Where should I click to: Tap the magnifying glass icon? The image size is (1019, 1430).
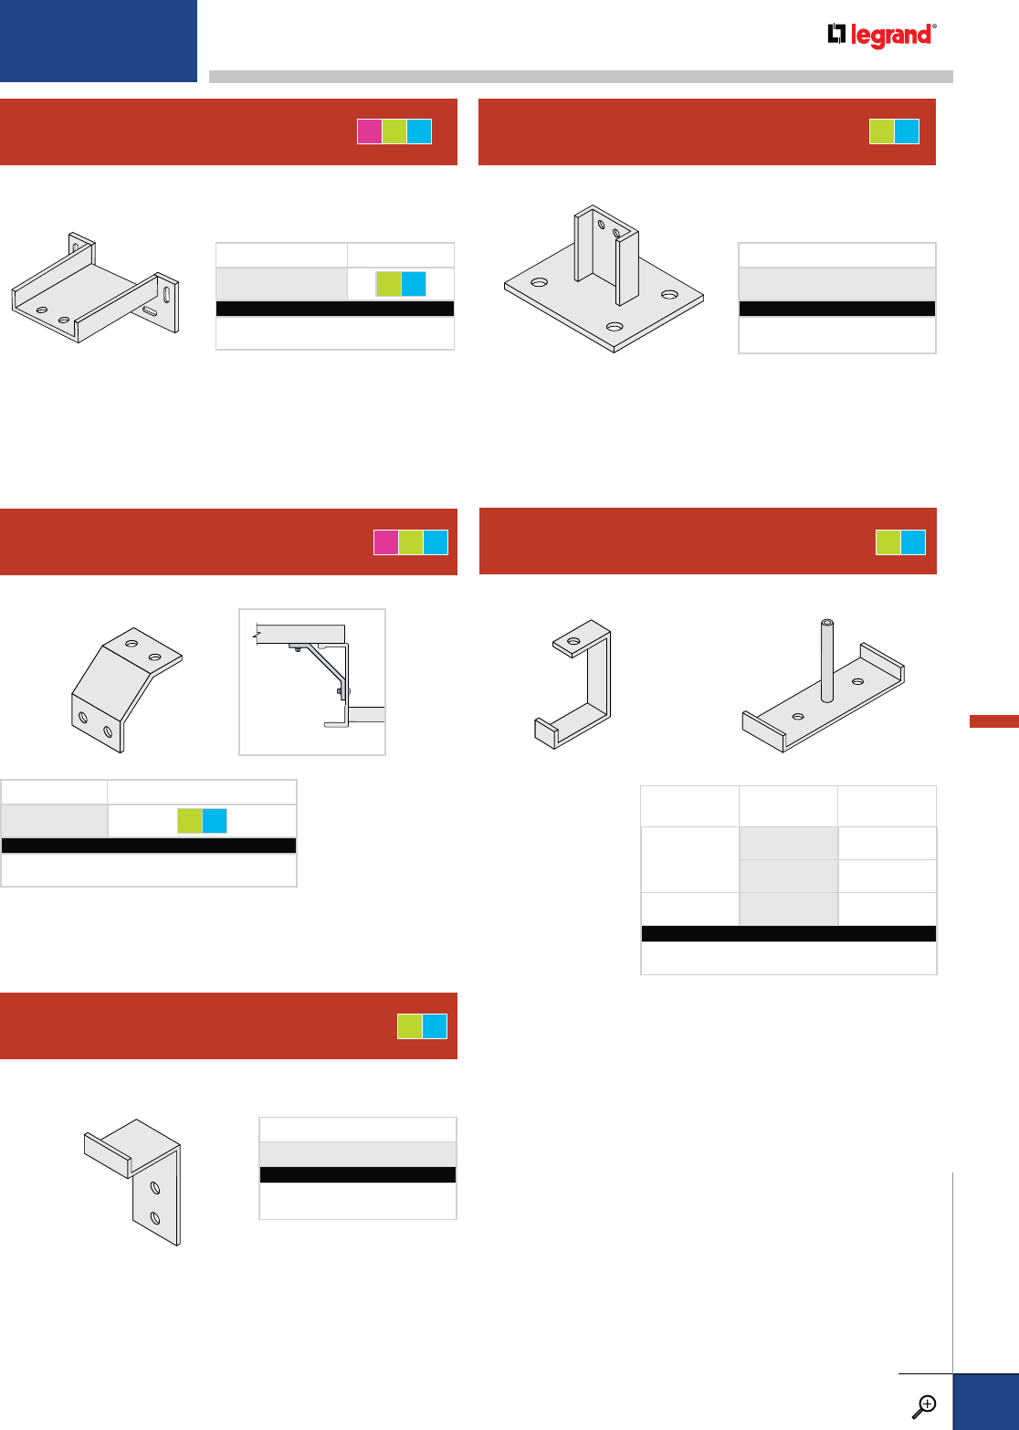pyautogui.click(x=925, y=1405)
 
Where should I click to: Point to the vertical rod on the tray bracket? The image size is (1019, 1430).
pyautogui.click(x=826, y=659)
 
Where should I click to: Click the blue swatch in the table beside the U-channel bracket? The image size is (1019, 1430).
pyautogui.click(x=414, y=284)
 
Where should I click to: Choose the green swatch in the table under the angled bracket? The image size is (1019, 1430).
pyautogui.click(x=189, y=821)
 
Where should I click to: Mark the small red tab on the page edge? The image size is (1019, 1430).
pyautogui.click(x=993, y=721)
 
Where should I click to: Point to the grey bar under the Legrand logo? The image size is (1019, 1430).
pyautogui.click(x=581, y=77)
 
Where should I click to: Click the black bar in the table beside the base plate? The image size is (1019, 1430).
pyautogui.click(x=836, y=309)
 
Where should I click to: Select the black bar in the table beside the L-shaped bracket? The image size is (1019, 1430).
pyautogui.click(x=358, y=1175)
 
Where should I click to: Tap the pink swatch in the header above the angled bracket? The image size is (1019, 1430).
pyautogui.click(x=386, y=542)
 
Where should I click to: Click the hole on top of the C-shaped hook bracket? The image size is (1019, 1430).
pyautogui.click(x=573, y=642)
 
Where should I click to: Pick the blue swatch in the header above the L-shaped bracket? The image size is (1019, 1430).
pyautogui.click(x=436, y=1026)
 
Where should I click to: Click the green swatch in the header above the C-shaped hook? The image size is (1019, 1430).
pyautogui.click(x=888, y=542)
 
